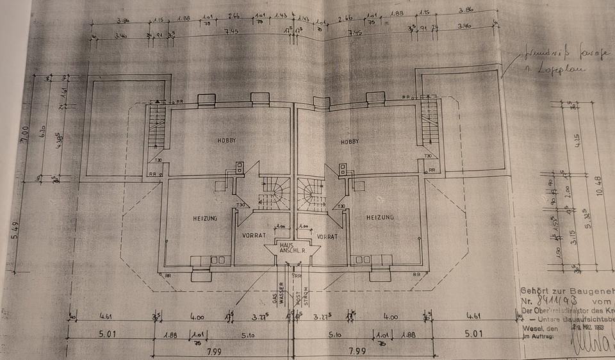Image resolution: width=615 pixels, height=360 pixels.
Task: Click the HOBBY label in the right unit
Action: tap(350, 142)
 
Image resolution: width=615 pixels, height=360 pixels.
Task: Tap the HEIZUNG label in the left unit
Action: tap(205, 218)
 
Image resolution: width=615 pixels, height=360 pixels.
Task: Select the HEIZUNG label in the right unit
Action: tap(379, 218)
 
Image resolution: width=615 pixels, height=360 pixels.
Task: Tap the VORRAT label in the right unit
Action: tap(327, 236)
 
